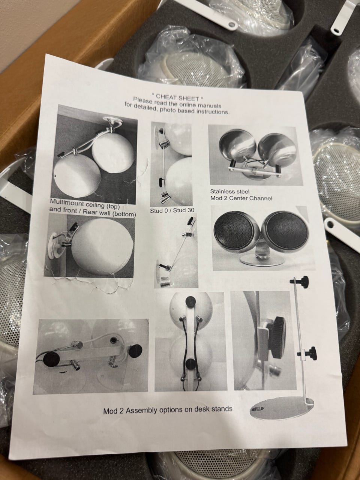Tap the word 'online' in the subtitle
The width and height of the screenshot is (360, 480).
[x=187, y=105]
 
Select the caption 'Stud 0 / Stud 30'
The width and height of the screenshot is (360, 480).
[x=172, y=210]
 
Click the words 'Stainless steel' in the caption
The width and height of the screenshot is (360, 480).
[x=229, y=192]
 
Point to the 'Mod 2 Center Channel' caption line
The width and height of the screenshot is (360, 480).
[x=241, y=198]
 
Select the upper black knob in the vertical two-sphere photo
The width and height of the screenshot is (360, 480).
[x=190, y=302]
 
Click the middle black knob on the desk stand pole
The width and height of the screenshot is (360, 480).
[x=310, y=351]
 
